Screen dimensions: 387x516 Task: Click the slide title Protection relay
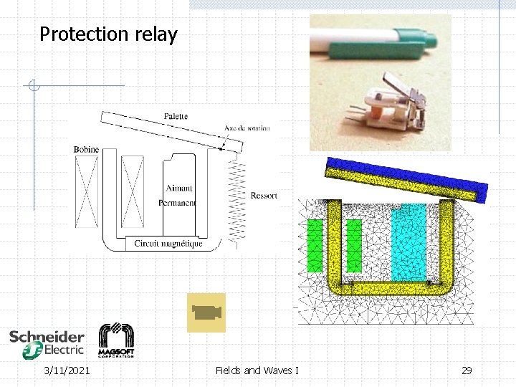click(x=108, y=34)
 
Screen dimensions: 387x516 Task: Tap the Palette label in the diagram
click(x=176, y=115)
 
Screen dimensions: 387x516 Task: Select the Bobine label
click(x=86, y=149)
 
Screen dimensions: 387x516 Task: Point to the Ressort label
click(x=264, y=195)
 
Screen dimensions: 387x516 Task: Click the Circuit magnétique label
click(x=168, y=244)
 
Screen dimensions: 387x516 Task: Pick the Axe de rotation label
click(x=247, y=128)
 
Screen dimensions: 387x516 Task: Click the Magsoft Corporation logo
click(x=116, y=340)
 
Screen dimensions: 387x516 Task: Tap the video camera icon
click(x=206, y=312)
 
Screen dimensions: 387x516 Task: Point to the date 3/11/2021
click(x=67, y=371)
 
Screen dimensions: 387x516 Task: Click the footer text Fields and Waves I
click(x=257, y=371)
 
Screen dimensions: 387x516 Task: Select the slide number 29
click(x=467, y=371)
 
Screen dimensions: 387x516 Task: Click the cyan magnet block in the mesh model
click(x=408, y=241)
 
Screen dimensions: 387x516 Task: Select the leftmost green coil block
click(x=315, y=245)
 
